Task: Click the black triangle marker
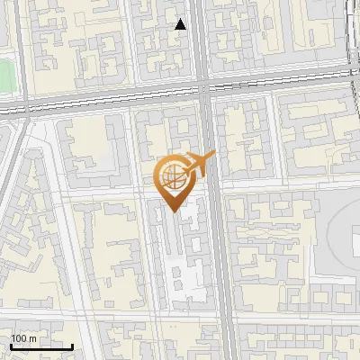pos(181,24)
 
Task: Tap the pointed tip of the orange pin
pos(174,211)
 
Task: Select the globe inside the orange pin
pos(174,180)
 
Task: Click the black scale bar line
pos(41,346)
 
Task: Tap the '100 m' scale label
pos(23,337)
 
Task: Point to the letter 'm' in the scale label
pos(32,337)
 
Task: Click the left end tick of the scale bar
pos(11,346)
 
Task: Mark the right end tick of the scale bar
pos(72,346)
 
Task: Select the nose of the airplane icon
pos(214,157)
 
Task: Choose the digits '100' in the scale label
pos(19,337)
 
